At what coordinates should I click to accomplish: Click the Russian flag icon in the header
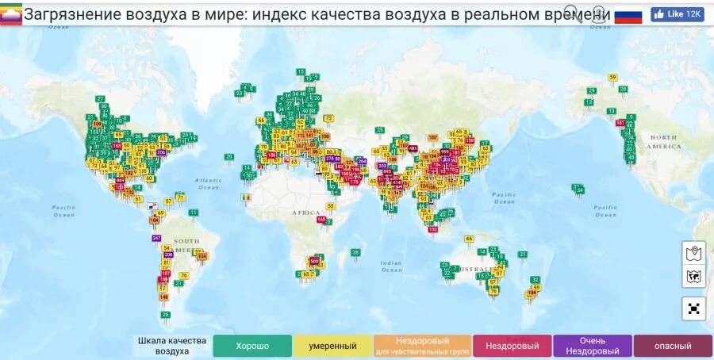[628, 15]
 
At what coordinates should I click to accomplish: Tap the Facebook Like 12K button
[677, 14]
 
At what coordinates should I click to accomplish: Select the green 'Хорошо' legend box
[252, 346]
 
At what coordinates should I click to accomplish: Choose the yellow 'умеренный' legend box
[333, 346]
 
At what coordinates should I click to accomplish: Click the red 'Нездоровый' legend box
[512, 346]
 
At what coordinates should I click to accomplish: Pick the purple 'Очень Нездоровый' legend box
[593, 346]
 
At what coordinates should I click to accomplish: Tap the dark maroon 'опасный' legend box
[673, 346]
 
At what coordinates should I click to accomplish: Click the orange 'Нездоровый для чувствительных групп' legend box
[422, 346]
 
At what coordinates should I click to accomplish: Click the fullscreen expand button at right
[693, 308]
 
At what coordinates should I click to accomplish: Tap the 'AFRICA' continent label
[306, 213]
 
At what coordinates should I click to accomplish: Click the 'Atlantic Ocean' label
[208, 183]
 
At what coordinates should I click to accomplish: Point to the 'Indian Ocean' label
[391, 266]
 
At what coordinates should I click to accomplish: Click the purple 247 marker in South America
[156, 238]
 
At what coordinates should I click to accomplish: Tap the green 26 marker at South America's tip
[166, 315]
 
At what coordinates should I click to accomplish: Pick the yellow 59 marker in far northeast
[612, 77]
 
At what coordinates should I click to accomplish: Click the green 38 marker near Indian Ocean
[355, 252]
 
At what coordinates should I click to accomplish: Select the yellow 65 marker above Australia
[469, 238]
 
